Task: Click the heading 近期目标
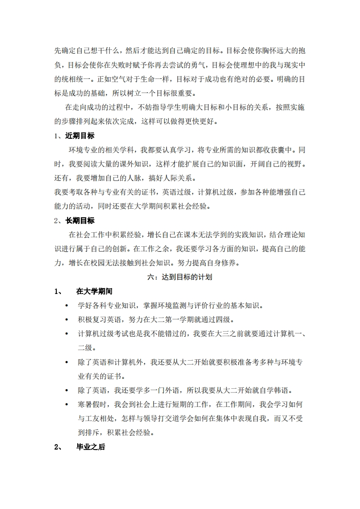(80, 136)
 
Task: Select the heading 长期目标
(80, 220)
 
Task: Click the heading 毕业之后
(91, 447)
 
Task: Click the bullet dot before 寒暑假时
(67, 405)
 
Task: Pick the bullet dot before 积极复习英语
(67, 320)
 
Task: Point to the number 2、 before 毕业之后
(58, 447)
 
